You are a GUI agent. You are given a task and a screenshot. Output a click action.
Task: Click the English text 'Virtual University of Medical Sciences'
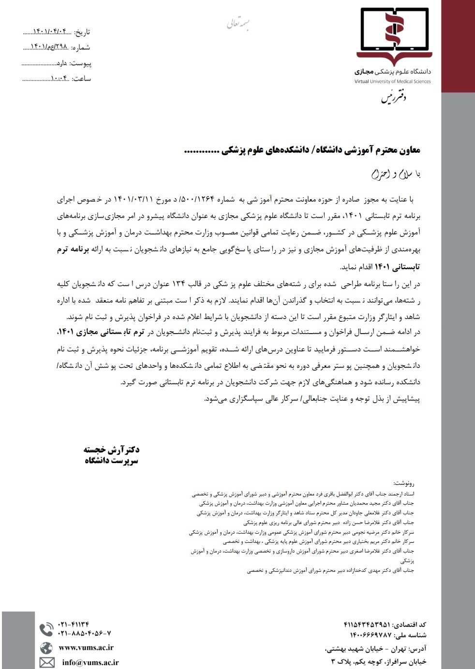coord(392,81)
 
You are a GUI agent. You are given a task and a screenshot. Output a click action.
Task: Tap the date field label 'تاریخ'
coord(81,32)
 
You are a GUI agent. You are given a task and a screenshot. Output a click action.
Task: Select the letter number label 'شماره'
coord(81,47)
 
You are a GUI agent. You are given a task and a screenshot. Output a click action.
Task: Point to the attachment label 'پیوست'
coord(80,63)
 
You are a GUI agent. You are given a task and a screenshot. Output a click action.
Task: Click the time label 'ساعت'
coord(81,79)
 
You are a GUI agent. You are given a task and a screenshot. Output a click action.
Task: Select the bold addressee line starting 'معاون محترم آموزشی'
coord(302,150)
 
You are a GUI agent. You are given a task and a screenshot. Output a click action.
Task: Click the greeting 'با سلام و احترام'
coord(396,174)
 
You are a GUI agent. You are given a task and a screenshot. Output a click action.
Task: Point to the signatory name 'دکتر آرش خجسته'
coord(112,450)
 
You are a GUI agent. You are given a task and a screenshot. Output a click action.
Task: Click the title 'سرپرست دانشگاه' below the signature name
coord(112,461)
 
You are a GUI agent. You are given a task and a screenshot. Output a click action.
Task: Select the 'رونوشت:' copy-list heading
coord(404,483)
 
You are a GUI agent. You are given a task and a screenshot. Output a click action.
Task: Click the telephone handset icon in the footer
coord(46,629)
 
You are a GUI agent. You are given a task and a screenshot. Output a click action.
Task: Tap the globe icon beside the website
coord(46,648)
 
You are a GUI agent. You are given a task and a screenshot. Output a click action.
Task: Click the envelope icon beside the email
coord(47,662)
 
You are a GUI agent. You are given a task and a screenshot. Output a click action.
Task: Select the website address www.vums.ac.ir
coord(86,648)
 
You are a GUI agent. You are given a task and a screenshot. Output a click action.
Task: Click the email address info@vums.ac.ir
coord(90,662)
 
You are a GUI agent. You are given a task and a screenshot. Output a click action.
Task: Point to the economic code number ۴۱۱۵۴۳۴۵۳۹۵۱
coord(367,625)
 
